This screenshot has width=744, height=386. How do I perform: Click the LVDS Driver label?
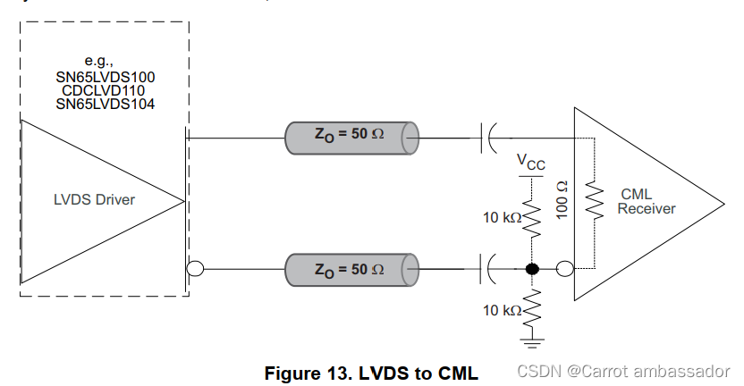click(x=94, y=199)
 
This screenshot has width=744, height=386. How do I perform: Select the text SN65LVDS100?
click(x=105, y=77)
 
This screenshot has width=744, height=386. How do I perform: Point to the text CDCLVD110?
click(x=105, y=90)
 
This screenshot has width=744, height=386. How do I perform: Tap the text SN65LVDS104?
click(x=105, y=104)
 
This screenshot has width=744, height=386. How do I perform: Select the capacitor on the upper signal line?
click(x=489, y=138)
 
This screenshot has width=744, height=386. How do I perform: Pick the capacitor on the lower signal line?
click(x=489, y=268)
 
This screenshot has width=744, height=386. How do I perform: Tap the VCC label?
click(x=532, y=162)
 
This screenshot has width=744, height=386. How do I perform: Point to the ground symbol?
click(x=532, y=339)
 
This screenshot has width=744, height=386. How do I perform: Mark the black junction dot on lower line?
click(x=532, y=268)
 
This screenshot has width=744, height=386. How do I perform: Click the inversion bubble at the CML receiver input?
click(x=564, y=268)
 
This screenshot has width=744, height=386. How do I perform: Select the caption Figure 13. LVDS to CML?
click(x=371, y=373)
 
